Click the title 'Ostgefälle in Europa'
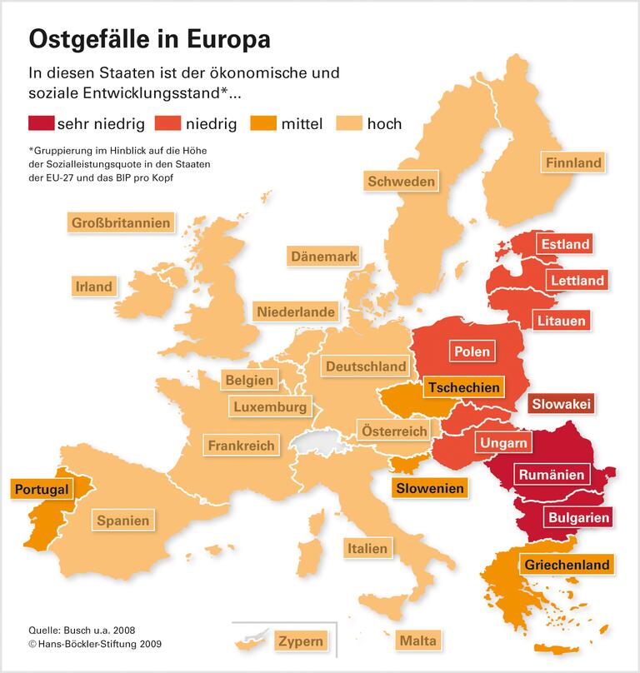coord(149,39)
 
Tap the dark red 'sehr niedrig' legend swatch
coord(41,123)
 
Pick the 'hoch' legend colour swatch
coord(349,123)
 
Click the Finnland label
coord(573,162)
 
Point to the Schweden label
coord(401,181)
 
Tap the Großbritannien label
coord(121,222)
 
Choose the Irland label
coord(93,286)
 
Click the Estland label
coord(564,244)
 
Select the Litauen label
coord(562,320)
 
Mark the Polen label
coord(472,351)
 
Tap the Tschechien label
coord(464,386)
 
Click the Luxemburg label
coord(270,407)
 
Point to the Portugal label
coord(40,489)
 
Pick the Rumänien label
coord(551,475)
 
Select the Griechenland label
coord(567,565)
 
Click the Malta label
coord(417,641)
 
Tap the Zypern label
coord(302,641)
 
